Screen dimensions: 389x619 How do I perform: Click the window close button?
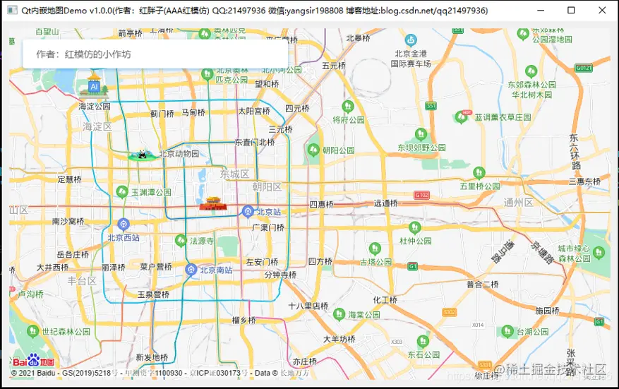click(601, 11)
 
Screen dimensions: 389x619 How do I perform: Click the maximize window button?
click(571, 11)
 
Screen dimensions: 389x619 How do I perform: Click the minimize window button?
click(541, 11)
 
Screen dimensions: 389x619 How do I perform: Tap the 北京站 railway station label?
click(269, 212)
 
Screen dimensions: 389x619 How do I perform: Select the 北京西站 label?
click(124, 238)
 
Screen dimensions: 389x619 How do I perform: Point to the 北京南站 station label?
click(217, 270)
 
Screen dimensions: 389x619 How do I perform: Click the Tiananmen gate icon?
click(212, 203)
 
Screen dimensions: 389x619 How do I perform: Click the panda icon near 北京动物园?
click(141, 155)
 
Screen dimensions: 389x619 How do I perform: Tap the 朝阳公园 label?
click(338, 150)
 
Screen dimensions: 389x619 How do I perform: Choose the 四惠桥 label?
click(321, 204)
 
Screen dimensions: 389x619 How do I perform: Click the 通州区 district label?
click(518, 203)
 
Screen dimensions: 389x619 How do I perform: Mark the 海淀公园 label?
click(95, 106)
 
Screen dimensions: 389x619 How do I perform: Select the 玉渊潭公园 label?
click(151, 192)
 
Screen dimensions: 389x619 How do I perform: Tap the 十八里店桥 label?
click(308, 306)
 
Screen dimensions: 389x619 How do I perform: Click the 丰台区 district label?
click(82, 281)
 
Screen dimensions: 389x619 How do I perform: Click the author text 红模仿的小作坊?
click(97, 54)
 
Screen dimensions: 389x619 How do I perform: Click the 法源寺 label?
click(201, 241)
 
